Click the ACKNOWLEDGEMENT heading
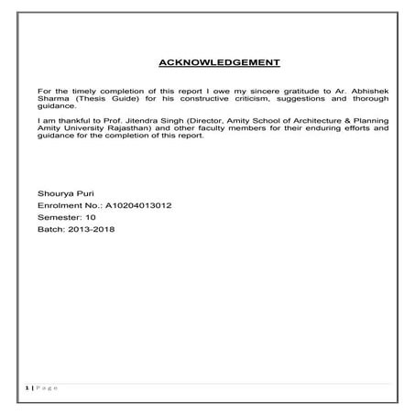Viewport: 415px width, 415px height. click(x=219, y=63)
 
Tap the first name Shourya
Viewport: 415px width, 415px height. click(x=52, y=194)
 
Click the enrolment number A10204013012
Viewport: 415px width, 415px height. click(x=134, y=206)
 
